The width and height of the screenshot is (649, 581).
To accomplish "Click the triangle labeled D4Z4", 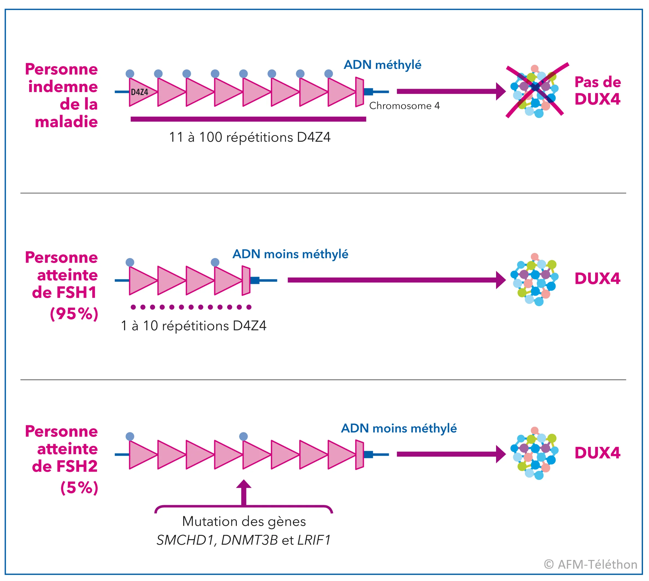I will pyautogui.click(x=140, y=92).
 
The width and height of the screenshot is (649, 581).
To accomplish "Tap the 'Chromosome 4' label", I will pyautogui.click(x=404, y=106).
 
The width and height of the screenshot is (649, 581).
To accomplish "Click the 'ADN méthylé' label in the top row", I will pyautogui.click(x=382, y=65).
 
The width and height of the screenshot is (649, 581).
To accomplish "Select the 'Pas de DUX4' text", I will pyautogui.click(x=597, y=91).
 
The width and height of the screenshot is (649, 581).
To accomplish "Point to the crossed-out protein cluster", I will pyautogui.click(x=535, y=91).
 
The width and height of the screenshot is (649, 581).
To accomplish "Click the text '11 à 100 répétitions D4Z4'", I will pyautogui.click(x=249, y=137).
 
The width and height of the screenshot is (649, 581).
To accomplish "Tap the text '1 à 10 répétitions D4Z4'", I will pyautogui.click(x=193, y=326).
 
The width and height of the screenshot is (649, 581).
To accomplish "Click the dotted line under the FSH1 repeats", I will pyautogui.click(x=191, y=307).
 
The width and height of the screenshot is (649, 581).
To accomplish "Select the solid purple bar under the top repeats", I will pyautogui.click(x=248, y=119).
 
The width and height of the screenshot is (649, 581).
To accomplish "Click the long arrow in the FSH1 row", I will pyautogui.click(x=396, y=280).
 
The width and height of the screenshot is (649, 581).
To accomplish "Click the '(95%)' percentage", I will pyautogui.click(x=74, y=314).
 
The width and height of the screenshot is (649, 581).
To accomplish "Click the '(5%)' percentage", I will pyautogui.click(x=79, y=487).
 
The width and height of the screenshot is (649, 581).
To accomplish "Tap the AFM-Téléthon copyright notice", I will pyautogui.click(x=590, y=564).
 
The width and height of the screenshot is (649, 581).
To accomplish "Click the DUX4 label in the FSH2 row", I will pyautogui.click(x=597, y=453).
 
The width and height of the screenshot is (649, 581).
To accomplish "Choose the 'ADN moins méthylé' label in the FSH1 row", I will pyautogui.click(x=290, y=254).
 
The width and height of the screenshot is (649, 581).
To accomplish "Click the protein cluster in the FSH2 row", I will pyautogui.click(x=535, y=453).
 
